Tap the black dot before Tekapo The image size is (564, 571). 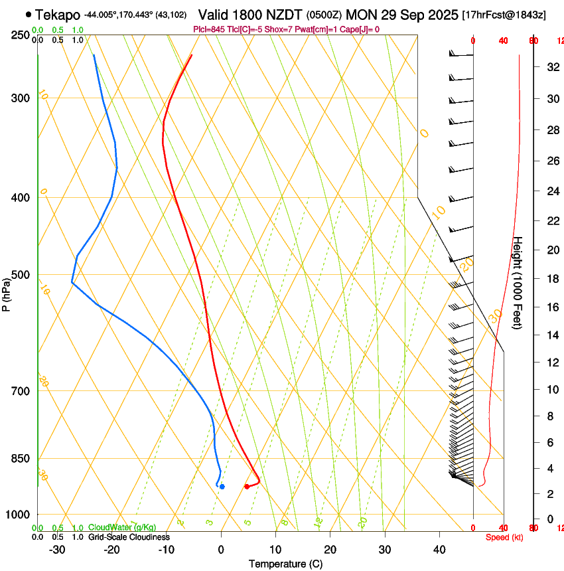pos(28,14)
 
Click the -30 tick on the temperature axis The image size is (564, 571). pos(57,549)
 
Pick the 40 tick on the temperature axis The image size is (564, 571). pos(439,549)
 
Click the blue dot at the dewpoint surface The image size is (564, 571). pos(222,487)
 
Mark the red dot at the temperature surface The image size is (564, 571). pos(247,487)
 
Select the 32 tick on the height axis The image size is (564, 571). pos(550,67)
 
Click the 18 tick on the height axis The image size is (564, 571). pos(550,279)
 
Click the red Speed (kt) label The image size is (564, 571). pos(504,537)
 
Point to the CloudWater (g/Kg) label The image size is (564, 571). pos(122,528)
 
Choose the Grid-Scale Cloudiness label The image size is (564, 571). pos(129,537)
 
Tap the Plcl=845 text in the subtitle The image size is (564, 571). pos(208,29)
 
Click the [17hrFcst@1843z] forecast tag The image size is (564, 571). pos(504,15)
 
